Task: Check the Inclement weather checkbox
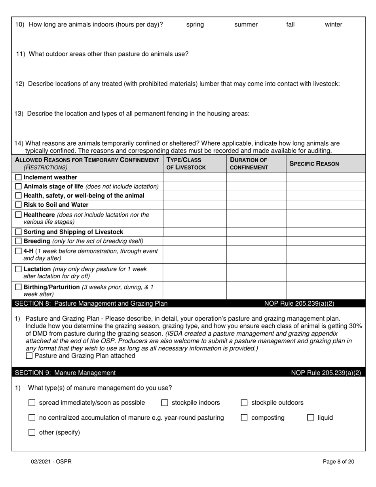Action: point(18,177)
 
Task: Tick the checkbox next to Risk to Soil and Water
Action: point(18,205)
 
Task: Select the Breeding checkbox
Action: point(18,241)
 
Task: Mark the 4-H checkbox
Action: point(18,251)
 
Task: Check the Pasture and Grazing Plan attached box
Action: point(29,356)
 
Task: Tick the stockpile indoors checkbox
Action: point(165,403)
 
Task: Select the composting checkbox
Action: point(245,418)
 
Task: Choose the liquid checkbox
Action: point(311,418)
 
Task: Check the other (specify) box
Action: point(32,433)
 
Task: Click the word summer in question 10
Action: point(246,25)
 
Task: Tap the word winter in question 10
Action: point(333,25)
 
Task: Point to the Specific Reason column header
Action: point(314,164)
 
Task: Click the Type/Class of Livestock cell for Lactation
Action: point(194,272)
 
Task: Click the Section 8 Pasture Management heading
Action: point(91,304)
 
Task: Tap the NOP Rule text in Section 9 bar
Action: point(326,373)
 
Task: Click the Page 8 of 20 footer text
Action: point(338,461)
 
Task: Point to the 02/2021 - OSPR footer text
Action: point(52,461)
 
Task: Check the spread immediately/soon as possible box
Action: point(32,403)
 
